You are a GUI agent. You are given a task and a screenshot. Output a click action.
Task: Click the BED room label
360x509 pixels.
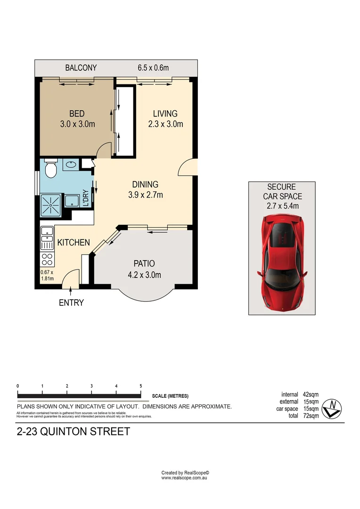(x=77, y=114)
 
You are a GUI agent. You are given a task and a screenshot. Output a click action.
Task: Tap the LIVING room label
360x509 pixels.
(x=165, y=114)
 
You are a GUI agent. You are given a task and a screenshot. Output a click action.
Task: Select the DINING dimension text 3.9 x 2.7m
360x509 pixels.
(x=145, y=195)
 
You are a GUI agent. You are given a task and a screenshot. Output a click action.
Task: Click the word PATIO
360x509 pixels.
(x=144, y=264)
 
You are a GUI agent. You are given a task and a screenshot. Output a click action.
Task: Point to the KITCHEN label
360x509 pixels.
(x=74, y=243)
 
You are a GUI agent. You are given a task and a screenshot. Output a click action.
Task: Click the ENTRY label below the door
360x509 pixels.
(x=71, y=303)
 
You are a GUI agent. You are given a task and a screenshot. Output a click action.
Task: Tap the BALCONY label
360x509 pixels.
(x=81, y=68)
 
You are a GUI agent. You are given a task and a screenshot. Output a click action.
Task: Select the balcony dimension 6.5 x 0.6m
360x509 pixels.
(x=153, y=68)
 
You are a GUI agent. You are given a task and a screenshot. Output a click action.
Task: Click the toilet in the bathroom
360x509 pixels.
(x=50, y=167)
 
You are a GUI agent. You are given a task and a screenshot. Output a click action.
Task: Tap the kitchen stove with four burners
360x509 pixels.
(x=48, y=259)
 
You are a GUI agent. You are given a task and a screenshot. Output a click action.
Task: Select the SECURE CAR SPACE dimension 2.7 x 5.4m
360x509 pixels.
(x=281, y=206)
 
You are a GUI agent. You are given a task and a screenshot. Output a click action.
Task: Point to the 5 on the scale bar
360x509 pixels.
(x=140, y=386)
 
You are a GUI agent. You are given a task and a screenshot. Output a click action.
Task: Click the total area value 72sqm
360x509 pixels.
(x=311, y=416)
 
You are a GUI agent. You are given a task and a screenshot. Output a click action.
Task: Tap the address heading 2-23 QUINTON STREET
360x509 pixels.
(x=73, y=432)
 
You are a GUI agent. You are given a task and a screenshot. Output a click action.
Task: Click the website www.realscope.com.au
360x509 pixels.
(x=184, y=478)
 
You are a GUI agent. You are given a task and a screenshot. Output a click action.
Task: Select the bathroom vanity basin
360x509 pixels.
(x=71, y=165)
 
